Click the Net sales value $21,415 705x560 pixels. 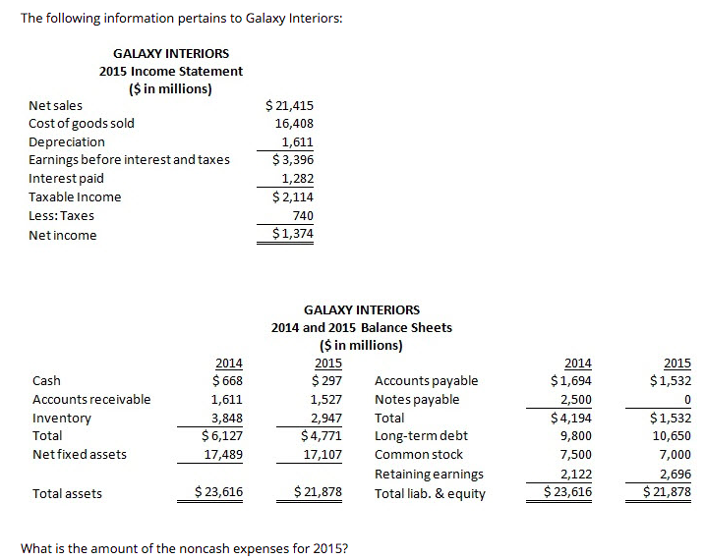[x=290, y=105]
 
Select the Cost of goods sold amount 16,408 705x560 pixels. [x=294, y=124]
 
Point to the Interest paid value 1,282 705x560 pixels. [x=297, y=179]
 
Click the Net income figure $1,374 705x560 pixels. [x=293, y=234]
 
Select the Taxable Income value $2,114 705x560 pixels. [x=293, y=196]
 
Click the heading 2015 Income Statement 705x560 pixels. [x=171, y=71]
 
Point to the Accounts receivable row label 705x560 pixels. [x=91, y=399]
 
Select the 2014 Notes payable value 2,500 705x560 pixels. [x=576, y=399]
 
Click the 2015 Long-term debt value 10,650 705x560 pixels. [x=671, y=436]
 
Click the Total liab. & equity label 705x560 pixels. [x=430, y=493]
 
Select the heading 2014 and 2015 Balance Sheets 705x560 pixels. [x=362, y=327]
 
